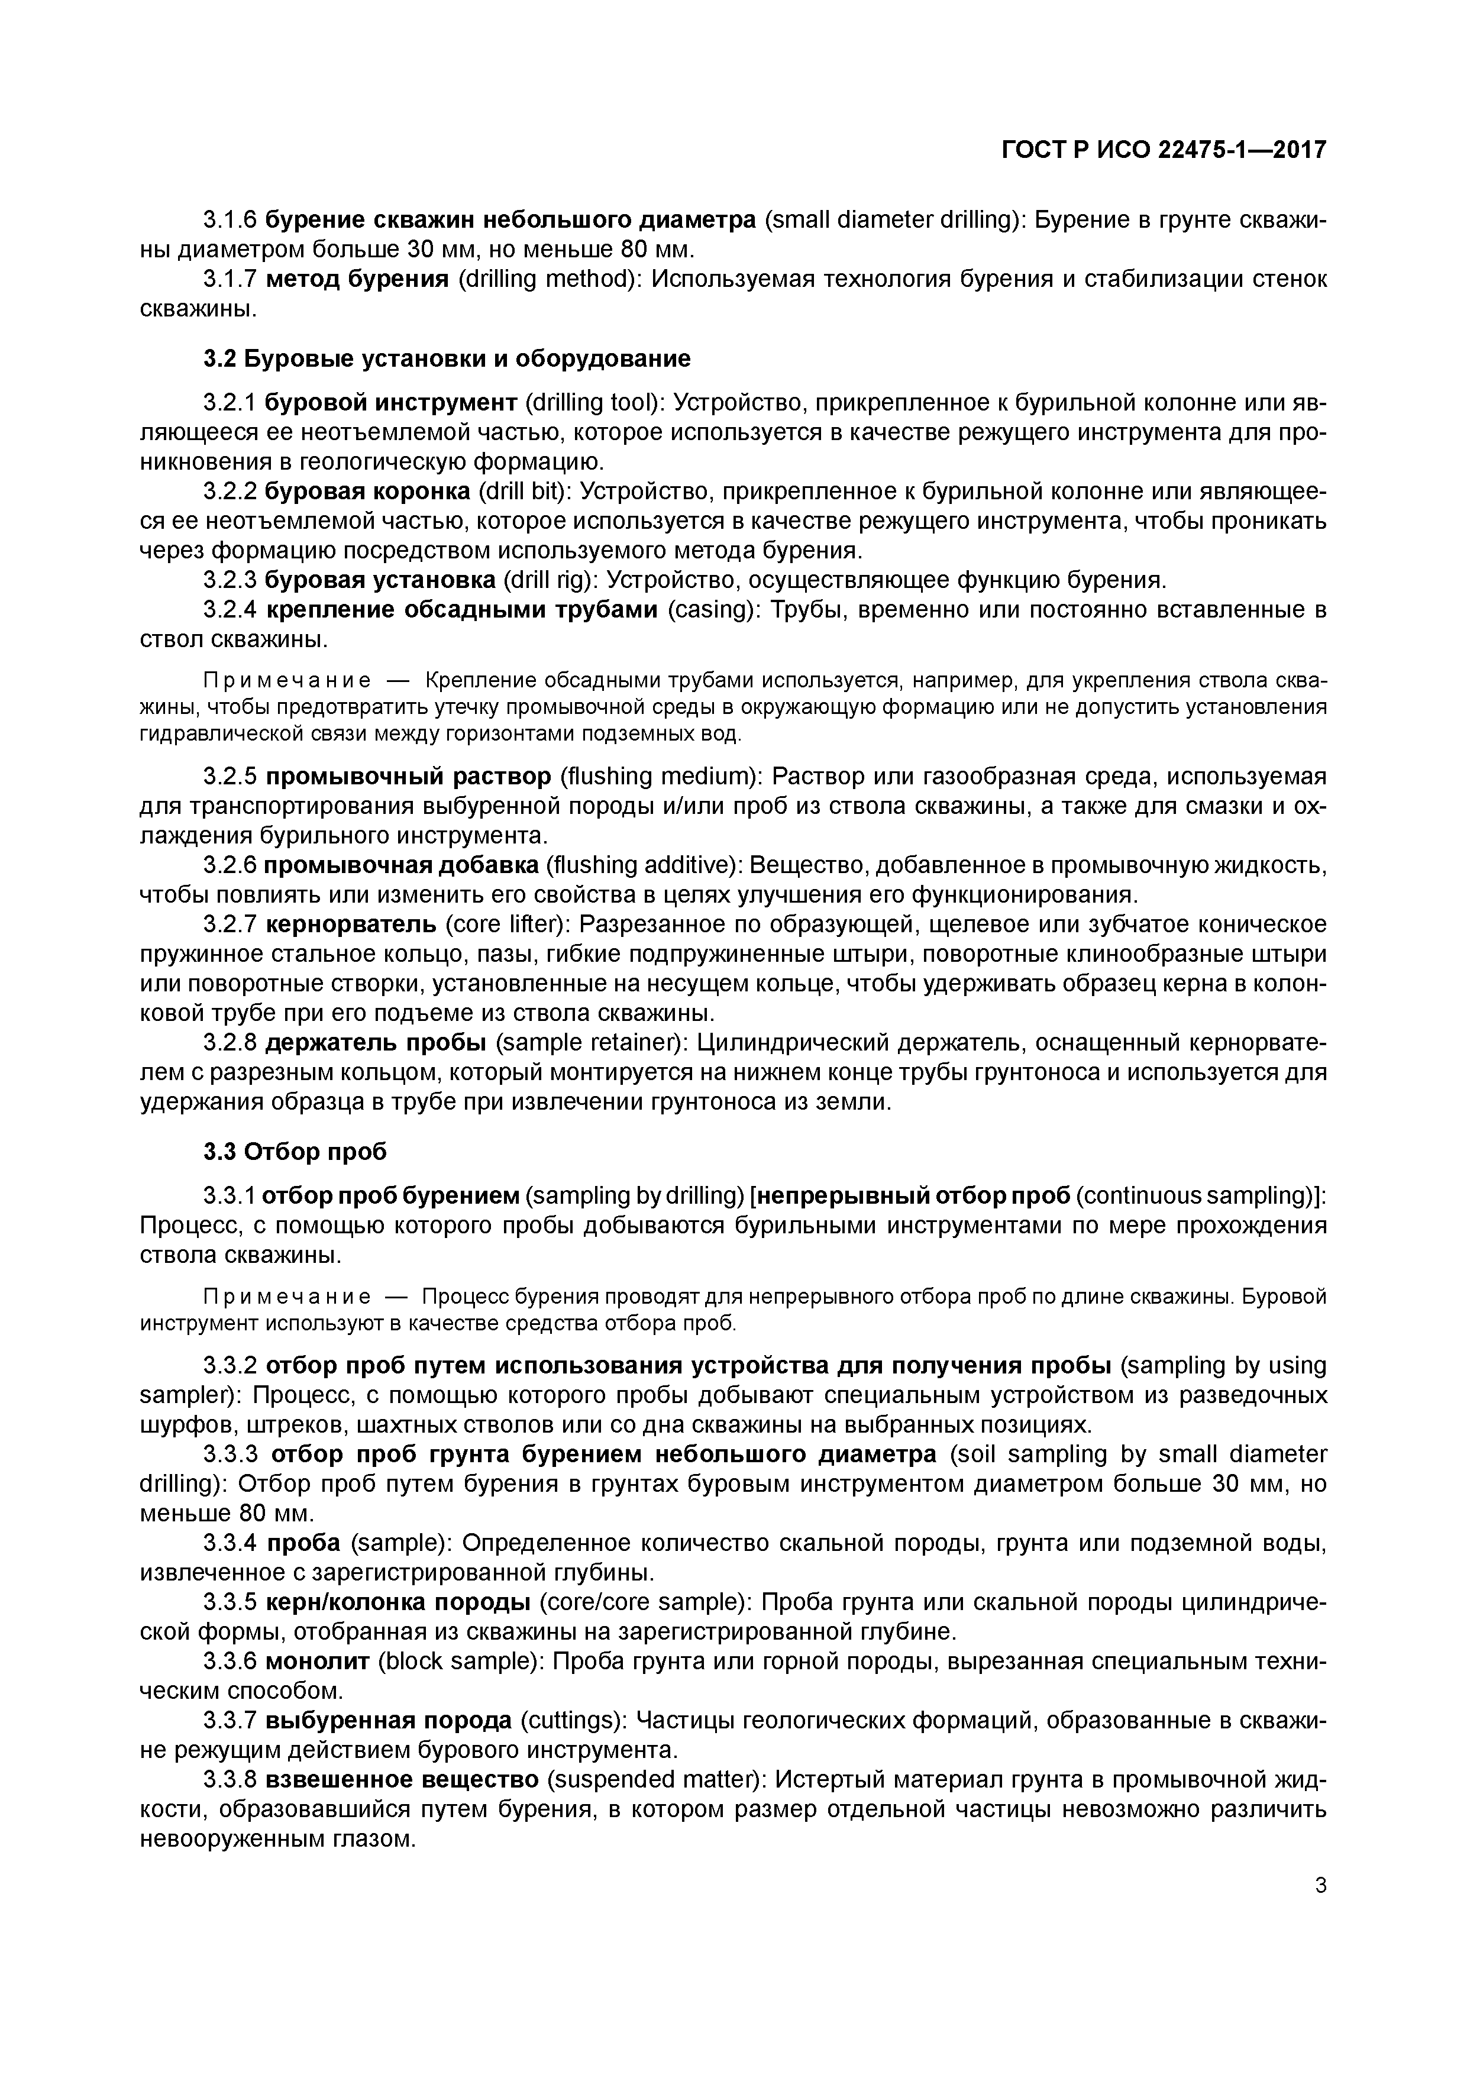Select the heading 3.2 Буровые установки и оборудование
pyautogui.click(x=447, y=359)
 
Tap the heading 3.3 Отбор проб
pyautogui.click(x=295, y=1152)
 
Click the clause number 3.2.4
pyautogui.click(x=231, y=610)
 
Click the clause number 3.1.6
pyautogui.click(x=231, y=219)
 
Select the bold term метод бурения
pyautogui.click(x=358, y=279)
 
